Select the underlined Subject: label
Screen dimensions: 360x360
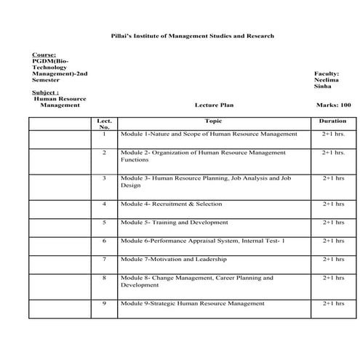coord(47,92)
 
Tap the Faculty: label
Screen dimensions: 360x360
coord(327,74)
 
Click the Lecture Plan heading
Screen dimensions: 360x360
coord(213,105)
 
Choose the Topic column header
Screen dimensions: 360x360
coord(213,121)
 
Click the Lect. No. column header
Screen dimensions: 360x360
coord(104,124)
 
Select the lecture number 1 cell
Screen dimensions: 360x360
coord(104,135)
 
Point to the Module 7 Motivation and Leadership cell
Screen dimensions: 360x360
coord(174,259)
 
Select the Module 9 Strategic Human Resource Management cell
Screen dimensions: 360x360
coord(193,303)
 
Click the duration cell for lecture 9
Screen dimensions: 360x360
coord(333,303)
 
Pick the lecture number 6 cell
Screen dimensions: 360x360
coord(104,241)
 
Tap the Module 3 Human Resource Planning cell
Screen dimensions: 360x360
coord(206,181)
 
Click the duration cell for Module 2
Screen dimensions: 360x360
coord(333,153)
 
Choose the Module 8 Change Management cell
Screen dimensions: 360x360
coord(197,281)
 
